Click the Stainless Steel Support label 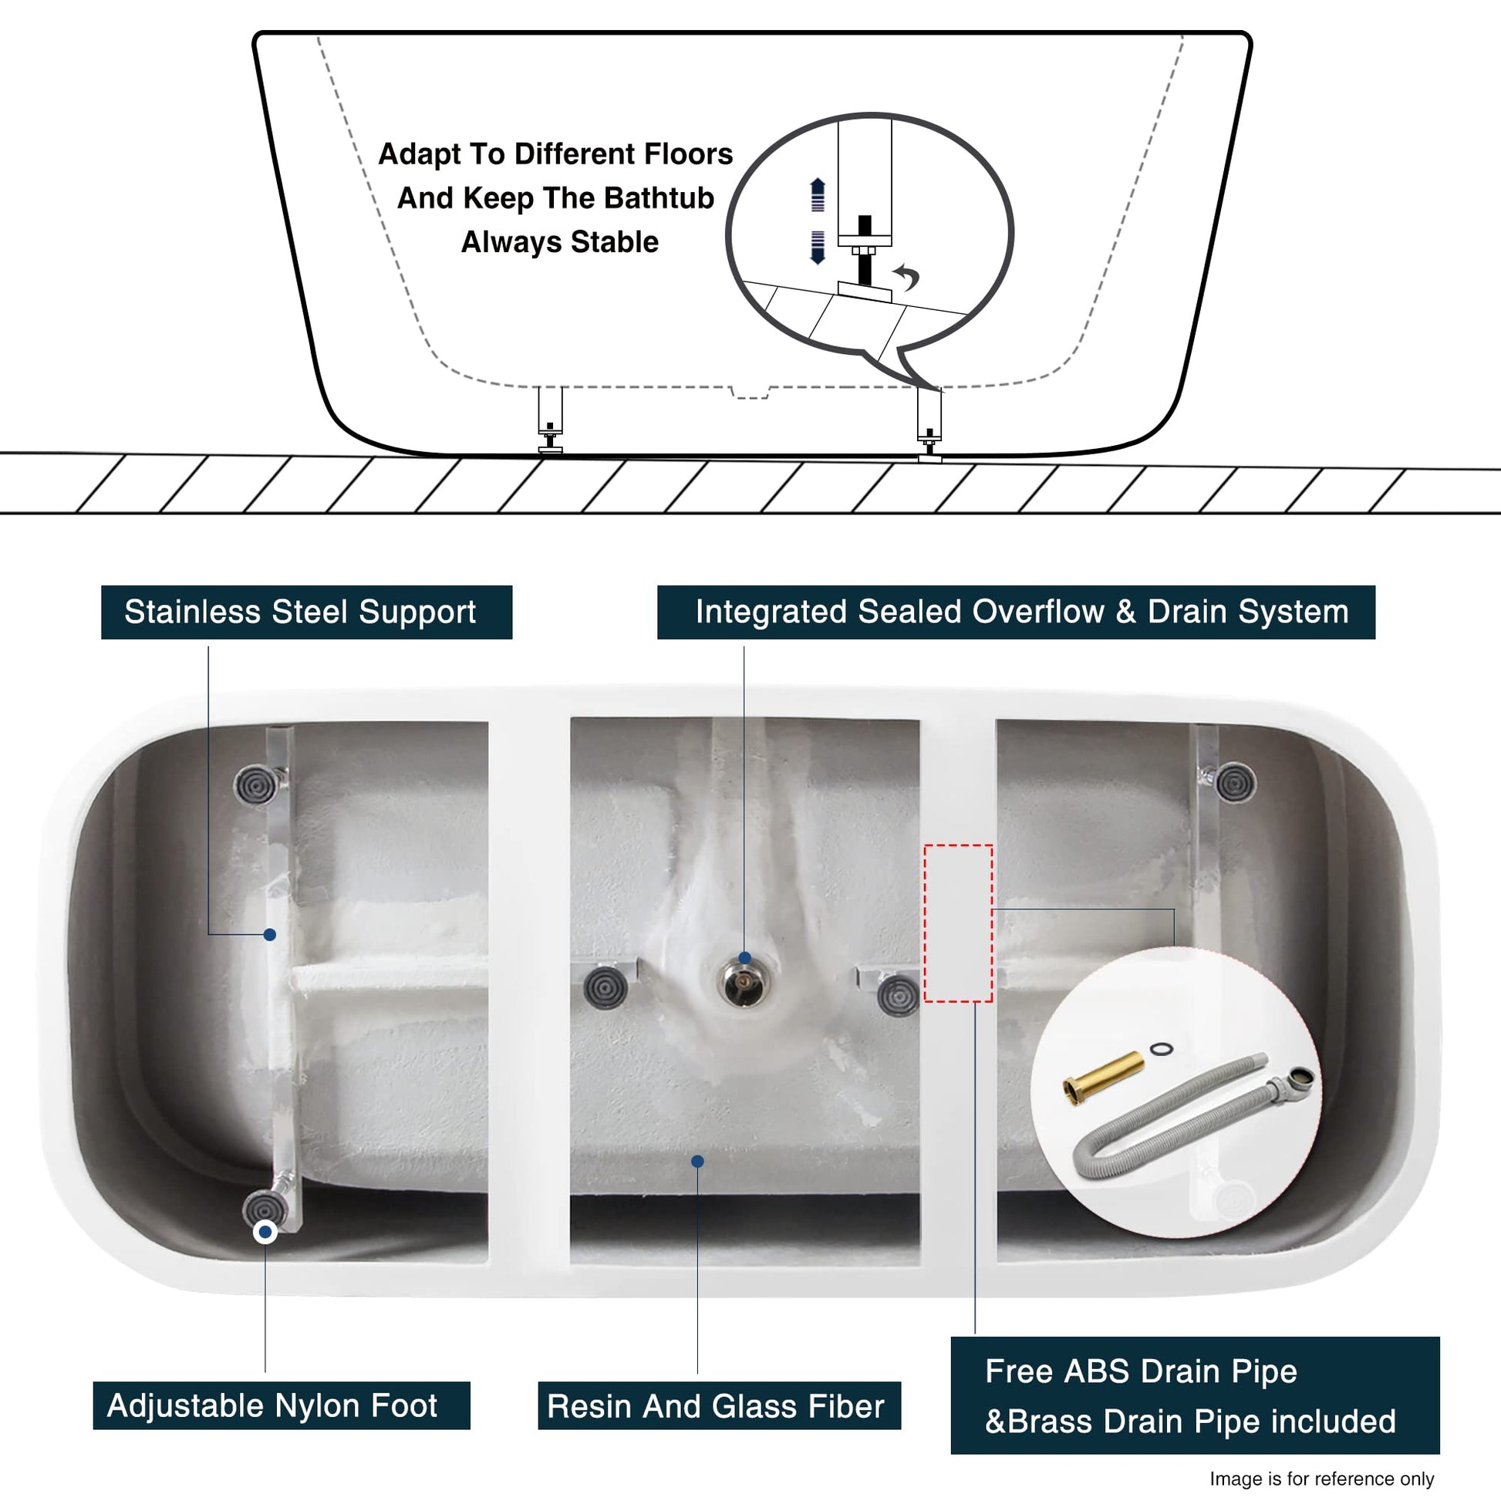click(306, 612)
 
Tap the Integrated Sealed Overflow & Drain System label click(1016, 612)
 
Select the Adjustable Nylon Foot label click(282, 1405)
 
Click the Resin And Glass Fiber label click(720, 1405)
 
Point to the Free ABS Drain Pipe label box click(1195, 1395)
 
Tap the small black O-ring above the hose click(1161, 1050)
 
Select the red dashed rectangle click(958, 923)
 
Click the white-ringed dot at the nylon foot click(265, 1231)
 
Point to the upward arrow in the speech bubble click(818, 194)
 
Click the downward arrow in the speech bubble click(818, 247)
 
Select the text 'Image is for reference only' click(1321, 1479)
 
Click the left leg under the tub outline click(550, 420)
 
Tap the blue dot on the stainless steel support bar click(270, 935)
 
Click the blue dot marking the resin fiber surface click(698, 1162)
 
